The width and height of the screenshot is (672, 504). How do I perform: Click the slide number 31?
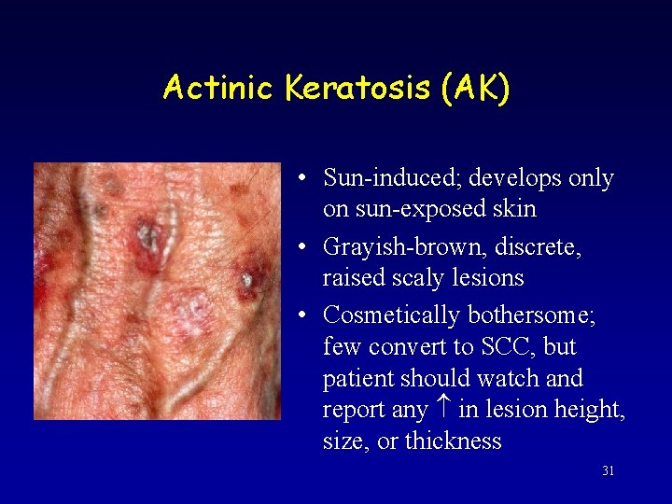(x=608, y=471)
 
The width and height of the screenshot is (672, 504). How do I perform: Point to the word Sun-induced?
(x=392, y=177)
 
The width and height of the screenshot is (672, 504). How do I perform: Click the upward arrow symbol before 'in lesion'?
(x=443, y=409)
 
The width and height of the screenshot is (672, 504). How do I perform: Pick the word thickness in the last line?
(x=453, y=441)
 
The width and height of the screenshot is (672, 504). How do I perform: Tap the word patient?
(x=358, y=379)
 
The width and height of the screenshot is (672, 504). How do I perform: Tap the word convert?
(x=404, y=347)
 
